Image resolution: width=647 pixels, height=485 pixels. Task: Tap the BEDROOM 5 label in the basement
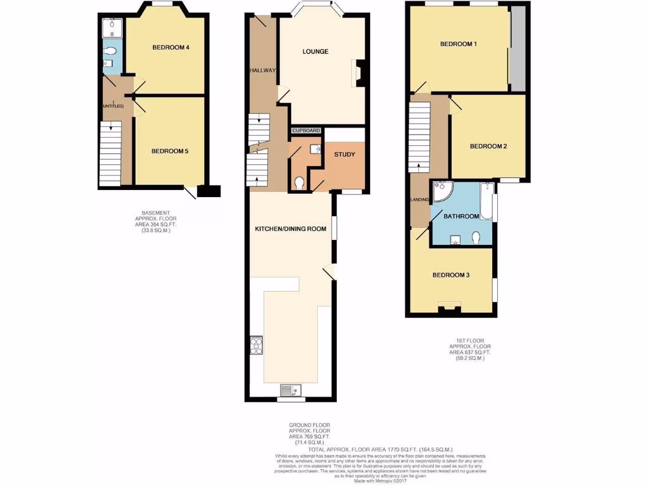tap(169, 151)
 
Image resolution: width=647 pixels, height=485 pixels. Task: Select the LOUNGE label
tap(315, 51)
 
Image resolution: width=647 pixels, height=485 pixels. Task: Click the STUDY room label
tap(345, 153)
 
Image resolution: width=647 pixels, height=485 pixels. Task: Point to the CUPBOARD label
tap(306, 131)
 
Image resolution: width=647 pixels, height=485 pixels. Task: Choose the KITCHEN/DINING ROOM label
tap(290, 229)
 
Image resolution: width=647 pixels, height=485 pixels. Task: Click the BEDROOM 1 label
tap(458, 44)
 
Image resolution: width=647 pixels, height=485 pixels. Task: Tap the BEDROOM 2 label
tap(488, 146)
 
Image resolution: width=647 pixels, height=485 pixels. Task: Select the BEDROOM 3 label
tap(450, 275)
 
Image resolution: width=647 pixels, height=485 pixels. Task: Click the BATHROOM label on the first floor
tap(461, 216)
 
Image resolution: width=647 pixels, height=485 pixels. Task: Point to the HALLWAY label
tap(262, 70)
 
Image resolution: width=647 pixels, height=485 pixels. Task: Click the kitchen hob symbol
tap(257, 345)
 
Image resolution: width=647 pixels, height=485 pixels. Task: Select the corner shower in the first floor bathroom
tap(440, 191)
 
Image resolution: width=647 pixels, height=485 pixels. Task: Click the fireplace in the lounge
tap(360, 72)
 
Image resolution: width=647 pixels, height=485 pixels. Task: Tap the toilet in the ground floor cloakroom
tap(299, 183)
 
